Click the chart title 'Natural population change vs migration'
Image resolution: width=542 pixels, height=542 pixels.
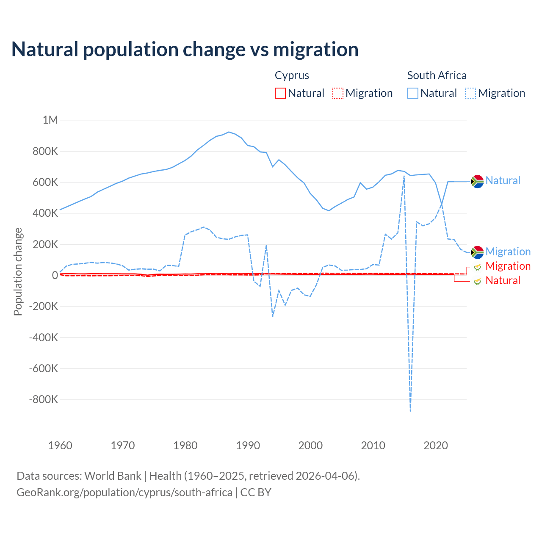(x=185, y=49)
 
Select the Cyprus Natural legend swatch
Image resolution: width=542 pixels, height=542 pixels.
(x=280, y=93)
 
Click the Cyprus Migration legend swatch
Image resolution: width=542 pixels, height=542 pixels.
(x=337, y=93)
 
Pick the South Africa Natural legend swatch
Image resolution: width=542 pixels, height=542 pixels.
(x=412, y=93)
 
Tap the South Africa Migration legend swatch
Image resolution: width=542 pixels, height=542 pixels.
(x=470, y=93)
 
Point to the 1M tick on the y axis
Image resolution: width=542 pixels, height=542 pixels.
(x=50, y=120)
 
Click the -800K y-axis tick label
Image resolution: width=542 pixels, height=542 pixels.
(x=43, y=399)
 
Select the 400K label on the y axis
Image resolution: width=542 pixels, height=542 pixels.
(x=45, y=213)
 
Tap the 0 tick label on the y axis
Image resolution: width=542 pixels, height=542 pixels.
(x=55, y=275)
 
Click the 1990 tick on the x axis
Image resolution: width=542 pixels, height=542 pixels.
(x=248, y=445)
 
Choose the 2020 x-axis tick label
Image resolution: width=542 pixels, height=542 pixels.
(x=436, y=445)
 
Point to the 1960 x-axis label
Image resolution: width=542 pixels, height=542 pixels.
(x=60, y=445)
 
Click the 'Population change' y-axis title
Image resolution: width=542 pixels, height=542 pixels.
(x=18, y=271)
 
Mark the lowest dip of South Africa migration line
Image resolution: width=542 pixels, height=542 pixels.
(x=410, y=411)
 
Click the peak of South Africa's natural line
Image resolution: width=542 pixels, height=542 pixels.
(x=229, y=132)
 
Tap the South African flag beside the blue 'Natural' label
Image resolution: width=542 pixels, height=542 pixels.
(x=477, y=181)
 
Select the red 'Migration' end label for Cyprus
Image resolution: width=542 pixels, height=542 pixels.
(x=508, y=266)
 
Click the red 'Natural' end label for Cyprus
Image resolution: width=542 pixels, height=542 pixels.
(x=503, y=280)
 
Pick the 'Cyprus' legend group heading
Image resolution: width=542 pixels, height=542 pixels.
(x=292, y=75)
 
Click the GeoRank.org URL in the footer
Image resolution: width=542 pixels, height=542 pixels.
(x=124, y=492)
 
